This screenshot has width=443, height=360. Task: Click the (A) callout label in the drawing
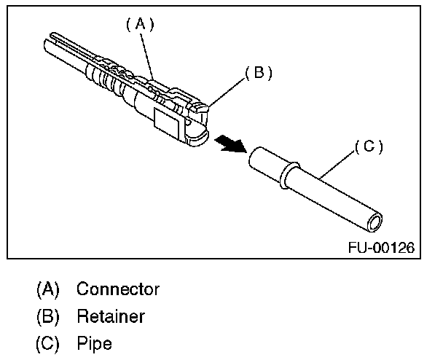(x=140, y=25)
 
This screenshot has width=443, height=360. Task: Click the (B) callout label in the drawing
(x=258, y=73)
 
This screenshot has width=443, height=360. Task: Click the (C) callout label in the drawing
(x=369, y=146)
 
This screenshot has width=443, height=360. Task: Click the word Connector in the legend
(x=117, y=289)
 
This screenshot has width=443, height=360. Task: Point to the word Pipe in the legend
(x=94, y=343)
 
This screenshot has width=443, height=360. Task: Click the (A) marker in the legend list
(x=48, y=289)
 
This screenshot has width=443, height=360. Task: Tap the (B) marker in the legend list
(x=48, y=316)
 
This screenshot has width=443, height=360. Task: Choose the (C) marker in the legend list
(x=48, y=343)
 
